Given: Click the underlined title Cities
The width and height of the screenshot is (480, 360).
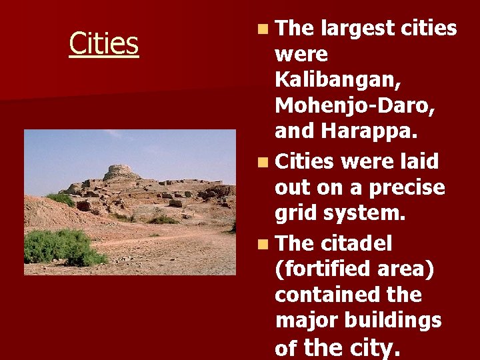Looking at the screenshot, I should [x=104, y=43].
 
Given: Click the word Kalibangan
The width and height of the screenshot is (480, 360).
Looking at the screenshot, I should [x=335, y=79].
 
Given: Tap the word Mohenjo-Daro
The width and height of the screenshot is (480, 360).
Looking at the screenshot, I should [x=345, y=105].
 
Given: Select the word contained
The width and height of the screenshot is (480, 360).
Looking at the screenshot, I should [x=325, y=294].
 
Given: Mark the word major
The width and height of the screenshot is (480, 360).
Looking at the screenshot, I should [x=303, y=321].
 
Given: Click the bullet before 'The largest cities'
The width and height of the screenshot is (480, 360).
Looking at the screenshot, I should [x=265, y=29].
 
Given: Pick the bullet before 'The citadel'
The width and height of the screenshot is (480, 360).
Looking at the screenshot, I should [x=265, y=243].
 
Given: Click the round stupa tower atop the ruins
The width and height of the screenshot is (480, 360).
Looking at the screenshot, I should [x=121, y=171].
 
